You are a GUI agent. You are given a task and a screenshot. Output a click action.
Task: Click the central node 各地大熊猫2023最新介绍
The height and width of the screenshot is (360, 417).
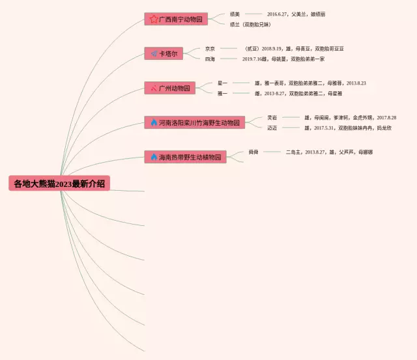pos(59,184)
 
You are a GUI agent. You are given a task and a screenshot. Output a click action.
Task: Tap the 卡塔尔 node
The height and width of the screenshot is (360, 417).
pos(164,53)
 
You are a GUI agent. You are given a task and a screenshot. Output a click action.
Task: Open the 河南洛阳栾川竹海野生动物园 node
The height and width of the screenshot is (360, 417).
pos(194,122)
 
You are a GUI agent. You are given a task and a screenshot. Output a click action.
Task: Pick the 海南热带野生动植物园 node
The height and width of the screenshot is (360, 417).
pos(185,157)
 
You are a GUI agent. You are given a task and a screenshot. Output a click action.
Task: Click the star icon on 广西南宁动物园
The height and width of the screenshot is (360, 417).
pos(154,20)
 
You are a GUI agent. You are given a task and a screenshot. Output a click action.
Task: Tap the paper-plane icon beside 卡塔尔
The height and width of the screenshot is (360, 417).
pos(154,53)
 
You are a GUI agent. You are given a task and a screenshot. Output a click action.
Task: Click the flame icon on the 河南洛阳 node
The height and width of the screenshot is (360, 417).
pos(154,122)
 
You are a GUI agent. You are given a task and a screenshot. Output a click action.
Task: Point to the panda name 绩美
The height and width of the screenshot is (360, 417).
pos(235,14)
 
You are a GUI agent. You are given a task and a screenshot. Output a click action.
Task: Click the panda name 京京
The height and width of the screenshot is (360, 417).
pos(210,49)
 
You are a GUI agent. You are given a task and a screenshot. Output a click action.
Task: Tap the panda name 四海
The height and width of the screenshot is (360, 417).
pos(210,59)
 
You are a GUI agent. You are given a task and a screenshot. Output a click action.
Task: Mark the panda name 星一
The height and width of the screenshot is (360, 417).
pos(222,83)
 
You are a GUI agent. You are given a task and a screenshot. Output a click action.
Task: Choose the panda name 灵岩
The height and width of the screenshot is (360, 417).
pos(272,118)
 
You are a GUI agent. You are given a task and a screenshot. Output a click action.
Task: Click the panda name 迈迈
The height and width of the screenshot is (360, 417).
pos(272,128)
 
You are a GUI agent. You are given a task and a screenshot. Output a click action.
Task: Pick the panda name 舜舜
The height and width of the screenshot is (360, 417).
pos(253,152)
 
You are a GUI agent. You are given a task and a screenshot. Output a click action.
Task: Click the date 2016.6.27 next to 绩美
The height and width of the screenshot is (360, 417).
pos(278,14)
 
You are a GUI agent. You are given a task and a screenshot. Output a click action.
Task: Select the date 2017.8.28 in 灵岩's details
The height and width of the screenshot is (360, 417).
pos(386,118)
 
